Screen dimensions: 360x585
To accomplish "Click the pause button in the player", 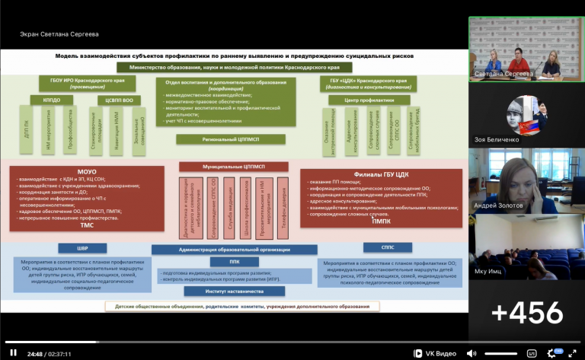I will click(x=12, y=352).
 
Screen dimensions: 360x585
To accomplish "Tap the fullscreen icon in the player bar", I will click(x=573, y=352).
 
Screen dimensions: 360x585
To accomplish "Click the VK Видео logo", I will click(x=435, y=353).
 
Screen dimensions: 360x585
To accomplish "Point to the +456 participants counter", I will click(x=526, y=312).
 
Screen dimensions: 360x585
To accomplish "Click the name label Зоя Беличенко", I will click(x=500, y=139).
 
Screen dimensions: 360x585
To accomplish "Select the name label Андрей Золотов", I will click(x=500, y=205).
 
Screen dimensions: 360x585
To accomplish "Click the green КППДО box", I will click(x=51, y=99).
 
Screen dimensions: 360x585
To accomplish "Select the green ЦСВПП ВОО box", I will click(x=119, y=99).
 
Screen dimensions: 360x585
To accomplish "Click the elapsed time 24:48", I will click(x=34, y=353).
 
